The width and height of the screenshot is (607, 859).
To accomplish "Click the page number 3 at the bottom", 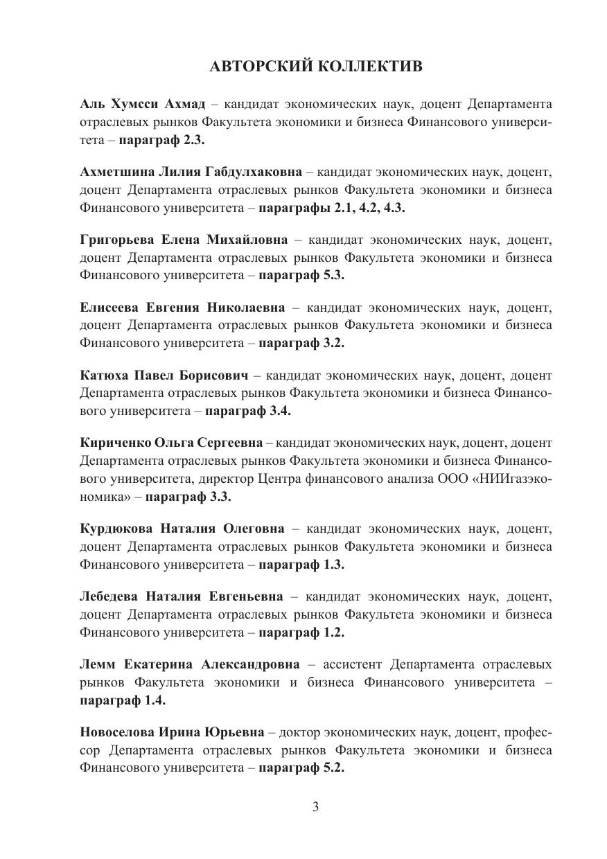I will pyautogui.click(x=315, y=806).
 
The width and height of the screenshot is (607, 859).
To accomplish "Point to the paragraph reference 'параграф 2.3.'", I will pyautogui.click(x=162, y=139).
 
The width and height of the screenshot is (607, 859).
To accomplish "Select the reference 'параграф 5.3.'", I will pyautogui.click(x=301, y=274).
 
